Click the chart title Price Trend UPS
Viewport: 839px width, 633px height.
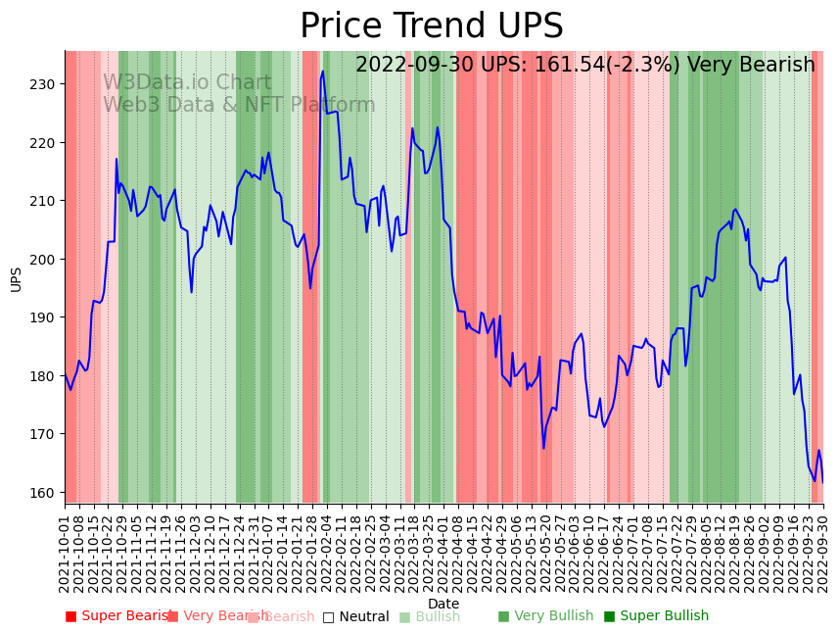(431, 26)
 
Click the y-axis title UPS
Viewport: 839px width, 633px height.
(16, 278)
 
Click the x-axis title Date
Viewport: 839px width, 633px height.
(443, 604)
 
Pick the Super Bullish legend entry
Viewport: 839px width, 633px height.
(656, 616)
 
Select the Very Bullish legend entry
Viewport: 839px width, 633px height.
(546, 616)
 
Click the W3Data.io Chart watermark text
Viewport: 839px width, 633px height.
(187, 82)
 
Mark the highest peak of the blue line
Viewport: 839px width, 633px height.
(323, 71)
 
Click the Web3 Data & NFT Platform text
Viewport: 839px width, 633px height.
(239, 105)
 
